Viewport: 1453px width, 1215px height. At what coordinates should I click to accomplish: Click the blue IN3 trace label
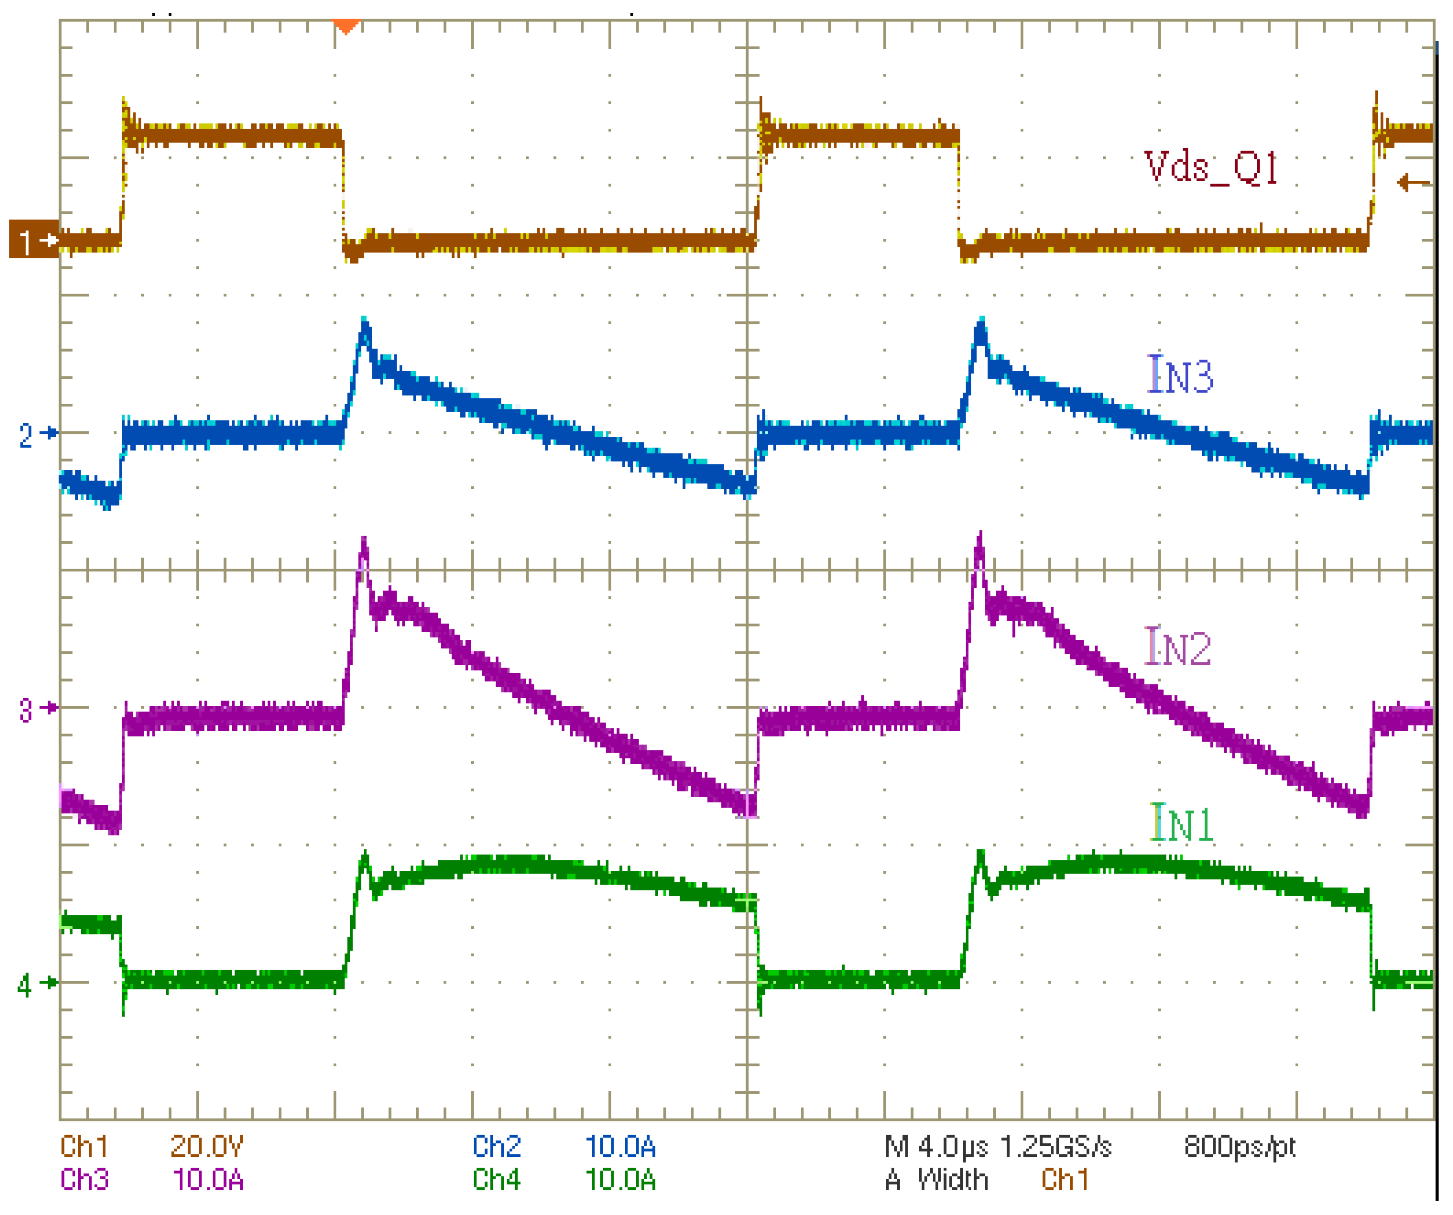tap(1180, 375)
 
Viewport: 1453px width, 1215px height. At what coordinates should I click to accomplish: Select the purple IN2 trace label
tap(1178, 647)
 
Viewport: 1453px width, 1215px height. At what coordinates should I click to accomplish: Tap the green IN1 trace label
tap(1181, 823)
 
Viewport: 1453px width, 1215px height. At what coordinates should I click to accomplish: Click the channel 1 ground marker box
tap(33, 239)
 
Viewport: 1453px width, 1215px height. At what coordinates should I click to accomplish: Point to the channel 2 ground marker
tap(38, 434)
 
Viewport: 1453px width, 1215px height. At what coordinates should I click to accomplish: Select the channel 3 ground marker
tap(38, 709)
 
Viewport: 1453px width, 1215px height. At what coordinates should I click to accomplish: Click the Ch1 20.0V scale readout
tap(207, 1147)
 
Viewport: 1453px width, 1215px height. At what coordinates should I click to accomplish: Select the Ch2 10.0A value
tap(620, 1147)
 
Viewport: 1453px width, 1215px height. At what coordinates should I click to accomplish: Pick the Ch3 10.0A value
tap(208, 1180)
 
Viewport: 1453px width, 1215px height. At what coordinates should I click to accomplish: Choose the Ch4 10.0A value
tap(620, 1180)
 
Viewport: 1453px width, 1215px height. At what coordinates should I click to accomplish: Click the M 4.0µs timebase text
tap(936, 1147)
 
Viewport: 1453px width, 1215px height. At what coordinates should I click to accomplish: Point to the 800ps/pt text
tap(1239, 1147)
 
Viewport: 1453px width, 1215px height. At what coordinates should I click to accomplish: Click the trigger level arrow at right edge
tap(1413, 184)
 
